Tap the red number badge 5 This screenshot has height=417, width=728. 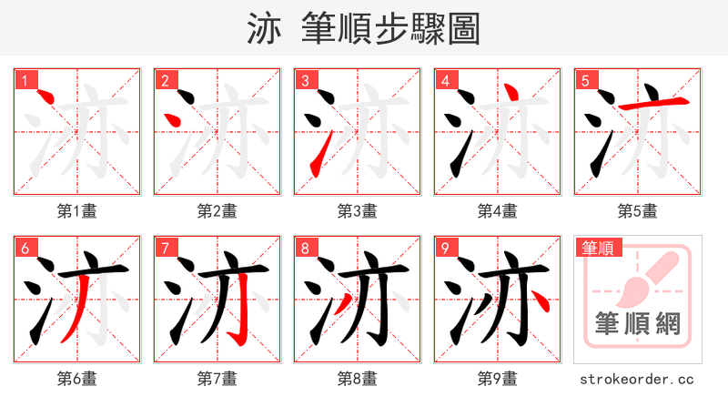[x=585, y=80]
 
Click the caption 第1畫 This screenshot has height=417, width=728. [x=77, y=211]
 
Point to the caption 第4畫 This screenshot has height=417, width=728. [x=498, y=211]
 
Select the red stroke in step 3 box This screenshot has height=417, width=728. [x=315, y=161]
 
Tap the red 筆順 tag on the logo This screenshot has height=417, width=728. [x=596, y=248]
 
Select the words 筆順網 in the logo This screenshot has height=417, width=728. [x=637, y=324]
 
